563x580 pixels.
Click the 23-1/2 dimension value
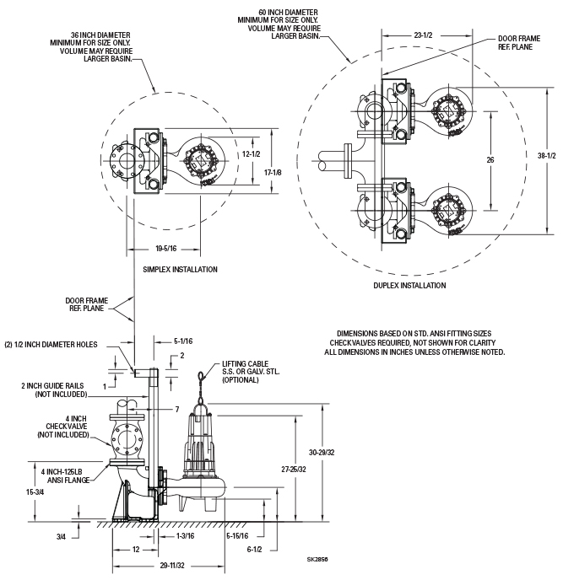(x=424, y=35)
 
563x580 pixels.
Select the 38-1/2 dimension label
(x=547, y=156)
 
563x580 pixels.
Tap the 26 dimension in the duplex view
(x=490, y=160)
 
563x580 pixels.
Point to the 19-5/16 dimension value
(x=166, y=249)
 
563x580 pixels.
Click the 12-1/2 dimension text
(x=252, y=154)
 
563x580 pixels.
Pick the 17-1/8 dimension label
(x=273, y=172)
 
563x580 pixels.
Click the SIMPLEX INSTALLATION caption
(x=181, y=270)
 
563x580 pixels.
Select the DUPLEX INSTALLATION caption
(x=409, y=286)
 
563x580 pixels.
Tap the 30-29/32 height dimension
(x=322, y=453)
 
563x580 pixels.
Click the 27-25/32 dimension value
(x=294, y=470)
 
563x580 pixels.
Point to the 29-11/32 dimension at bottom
(x=172, y=566)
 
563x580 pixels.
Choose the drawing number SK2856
(x=317, y=559)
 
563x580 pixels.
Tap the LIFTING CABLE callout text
(x=251, y=372)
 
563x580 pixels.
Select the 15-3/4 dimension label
(x=35, y=492)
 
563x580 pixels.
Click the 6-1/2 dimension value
(x=254, y=550)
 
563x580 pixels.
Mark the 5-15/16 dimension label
(x=237, y=536)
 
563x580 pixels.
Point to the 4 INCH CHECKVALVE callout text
(x=63, y=427)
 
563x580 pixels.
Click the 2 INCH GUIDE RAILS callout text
(x=54, y=389)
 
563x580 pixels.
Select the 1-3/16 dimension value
(x=185, y=536)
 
